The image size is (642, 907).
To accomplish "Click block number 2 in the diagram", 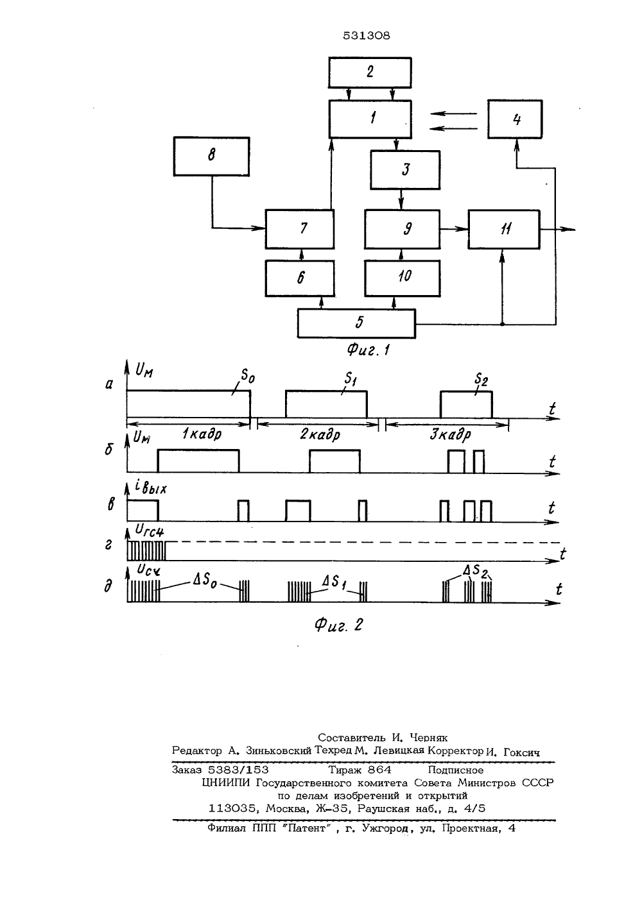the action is (370, 72).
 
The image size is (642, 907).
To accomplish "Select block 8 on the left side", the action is (211, 157).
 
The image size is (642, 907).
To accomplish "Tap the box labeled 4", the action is (515, 119).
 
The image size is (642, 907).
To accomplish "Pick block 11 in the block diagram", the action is (504, 229).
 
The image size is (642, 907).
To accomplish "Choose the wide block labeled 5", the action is (356, 323).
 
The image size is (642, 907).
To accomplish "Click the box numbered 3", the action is (405, 169).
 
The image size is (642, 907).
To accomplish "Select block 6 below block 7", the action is (300, 278).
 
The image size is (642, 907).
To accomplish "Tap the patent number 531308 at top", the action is (367, 36).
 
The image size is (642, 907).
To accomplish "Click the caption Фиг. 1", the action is (368, 349).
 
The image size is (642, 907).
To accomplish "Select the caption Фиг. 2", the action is (339, 625).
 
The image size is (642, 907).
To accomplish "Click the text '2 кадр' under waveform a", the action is (320, 435).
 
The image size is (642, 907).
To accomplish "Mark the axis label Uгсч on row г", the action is (149, 530).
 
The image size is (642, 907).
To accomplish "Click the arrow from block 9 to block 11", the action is (454, 229).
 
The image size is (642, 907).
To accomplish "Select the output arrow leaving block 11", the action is (558, 229).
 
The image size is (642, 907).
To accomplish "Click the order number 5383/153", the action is (238, 770).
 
